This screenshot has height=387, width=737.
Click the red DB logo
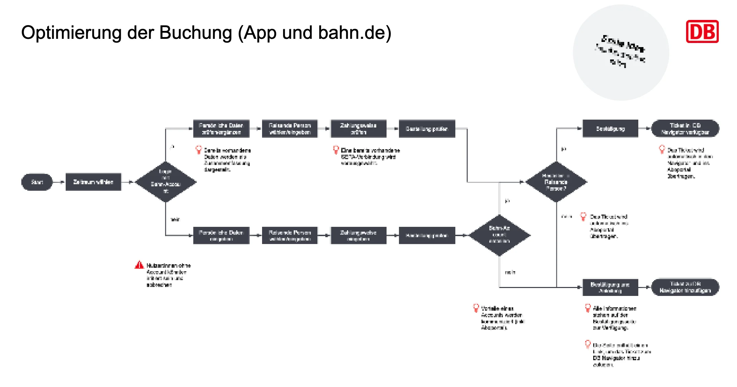tap(702, 32)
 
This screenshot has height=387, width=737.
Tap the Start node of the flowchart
tap(37, 182)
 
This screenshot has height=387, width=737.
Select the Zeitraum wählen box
tap(93, 182)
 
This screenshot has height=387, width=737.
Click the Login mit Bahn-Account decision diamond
tap(166, 181)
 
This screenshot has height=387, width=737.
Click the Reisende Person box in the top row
tap(290, 129)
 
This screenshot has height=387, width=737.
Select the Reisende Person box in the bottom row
tap(290, 235)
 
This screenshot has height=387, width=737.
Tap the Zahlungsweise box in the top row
tap(358, 129)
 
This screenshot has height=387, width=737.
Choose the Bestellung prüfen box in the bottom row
tap(427, 235)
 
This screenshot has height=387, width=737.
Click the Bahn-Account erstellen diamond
tap(499, 235)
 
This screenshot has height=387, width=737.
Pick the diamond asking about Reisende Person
tap(556, 182)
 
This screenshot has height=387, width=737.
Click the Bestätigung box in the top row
tap(610, 129)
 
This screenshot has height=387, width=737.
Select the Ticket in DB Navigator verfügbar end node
tap(685, 129)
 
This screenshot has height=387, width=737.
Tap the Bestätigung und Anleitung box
tap(610, 287)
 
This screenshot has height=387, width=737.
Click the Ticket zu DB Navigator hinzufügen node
tap(685, 287)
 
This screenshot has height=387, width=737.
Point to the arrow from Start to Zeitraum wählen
tap(59, 182)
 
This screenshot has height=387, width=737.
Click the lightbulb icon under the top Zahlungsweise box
tap(336, 150)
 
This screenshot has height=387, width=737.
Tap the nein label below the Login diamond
tap(175, 219)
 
